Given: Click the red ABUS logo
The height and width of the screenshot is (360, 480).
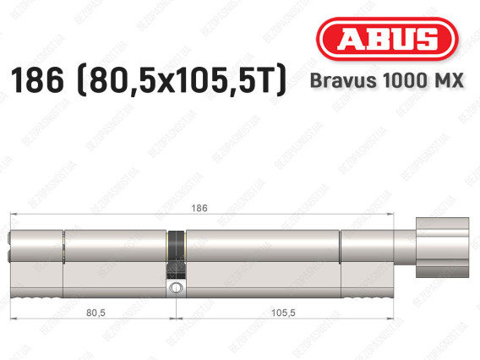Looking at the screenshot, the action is point(387,39).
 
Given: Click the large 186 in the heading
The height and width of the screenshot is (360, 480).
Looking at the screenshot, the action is point(37,80).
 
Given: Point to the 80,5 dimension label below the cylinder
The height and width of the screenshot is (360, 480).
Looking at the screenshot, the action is point(95,313).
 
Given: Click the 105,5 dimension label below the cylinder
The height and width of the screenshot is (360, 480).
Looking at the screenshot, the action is point(283,313).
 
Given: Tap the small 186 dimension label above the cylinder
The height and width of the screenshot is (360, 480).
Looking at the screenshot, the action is point(199,208).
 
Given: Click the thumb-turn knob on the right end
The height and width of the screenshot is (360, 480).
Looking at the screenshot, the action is point(442,248).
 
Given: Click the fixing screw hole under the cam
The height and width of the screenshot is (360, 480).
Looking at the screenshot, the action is point(176,288).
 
